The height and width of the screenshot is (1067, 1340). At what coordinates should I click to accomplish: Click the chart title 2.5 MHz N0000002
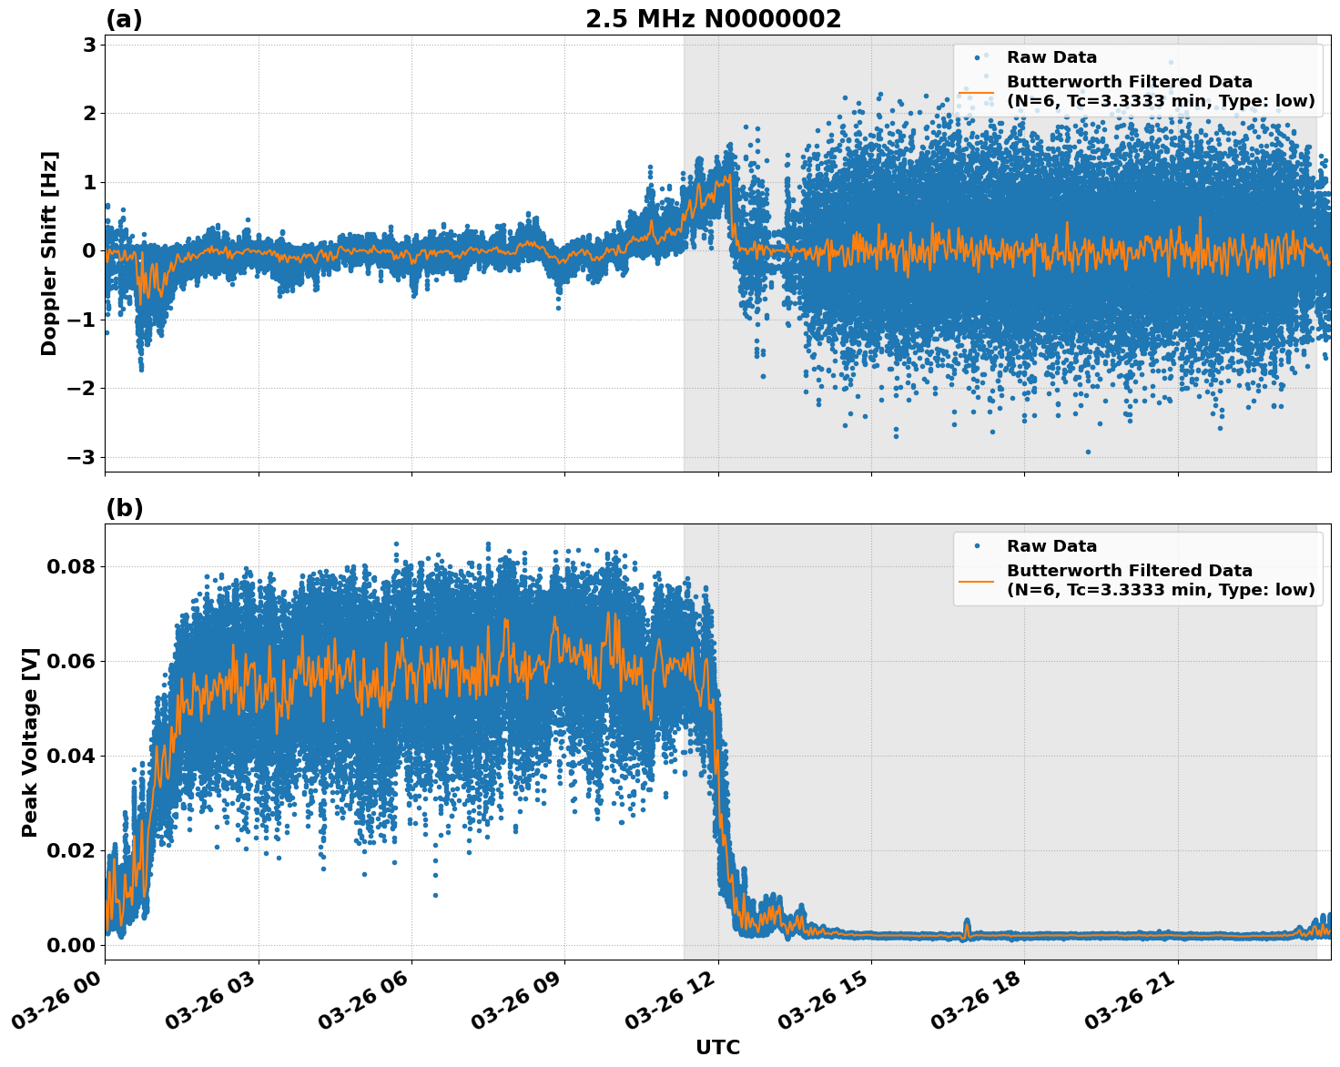coord(713,19)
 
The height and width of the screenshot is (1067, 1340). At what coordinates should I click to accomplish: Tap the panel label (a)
coord(124,19)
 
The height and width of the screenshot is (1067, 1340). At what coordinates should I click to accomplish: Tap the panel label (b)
coord(124,508)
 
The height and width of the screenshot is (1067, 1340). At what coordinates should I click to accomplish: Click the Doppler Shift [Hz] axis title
coord(49,253)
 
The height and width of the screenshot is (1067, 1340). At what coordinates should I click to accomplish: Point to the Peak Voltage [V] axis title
coord(30,742)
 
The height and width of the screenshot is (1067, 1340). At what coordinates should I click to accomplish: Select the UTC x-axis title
coord(717,1048)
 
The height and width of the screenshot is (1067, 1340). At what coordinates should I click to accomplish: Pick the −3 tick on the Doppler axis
coord(83,457)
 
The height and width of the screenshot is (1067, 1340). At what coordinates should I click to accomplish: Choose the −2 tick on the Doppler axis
coord(83,389)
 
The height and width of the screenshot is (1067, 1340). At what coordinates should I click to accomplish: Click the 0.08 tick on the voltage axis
coord(72,566)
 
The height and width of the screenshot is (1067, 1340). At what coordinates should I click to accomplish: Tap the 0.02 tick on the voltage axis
coord(72,850)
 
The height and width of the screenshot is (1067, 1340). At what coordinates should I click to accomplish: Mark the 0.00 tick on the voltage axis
coord(72,945)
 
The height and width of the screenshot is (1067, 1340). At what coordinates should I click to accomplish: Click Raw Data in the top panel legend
coord(1051,57)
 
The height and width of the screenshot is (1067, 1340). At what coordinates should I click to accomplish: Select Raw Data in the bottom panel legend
coord(1051,546)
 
